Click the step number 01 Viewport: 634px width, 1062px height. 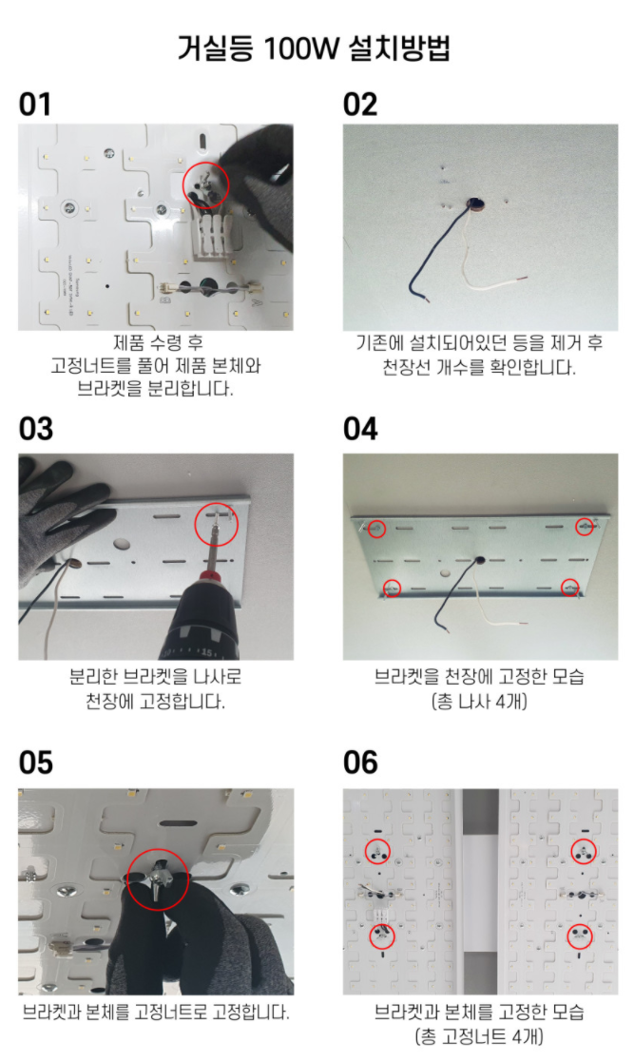(x=35, y=105)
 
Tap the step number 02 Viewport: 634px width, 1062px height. (x=360, y=105)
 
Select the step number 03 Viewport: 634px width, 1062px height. (x=36, y=429)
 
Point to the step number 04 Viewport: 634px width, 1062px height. (x=361, y=429)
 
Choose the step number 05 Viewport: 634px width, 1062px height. (x=36, y=763)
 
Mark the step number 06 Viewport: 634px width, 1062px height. (x=361, y=763)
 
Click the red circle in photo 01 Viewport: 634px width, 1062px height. (x=205, y=184)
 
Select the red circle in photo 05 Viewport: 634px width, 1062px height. (x=158, y=879)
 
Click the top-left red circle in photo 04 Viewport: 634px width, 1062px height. (x=376, y=528)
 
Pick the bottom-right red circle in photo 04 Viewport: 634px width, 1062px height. (x=570, y=588)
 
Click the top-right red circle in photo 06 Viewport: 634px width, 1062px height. (x=583, y=851)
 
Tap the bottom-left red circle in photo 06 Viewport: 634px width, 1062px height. (x=380, y=936)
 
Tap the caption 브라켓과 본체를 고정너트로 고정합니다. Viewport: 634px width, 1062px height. (x=156, y=1011)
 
